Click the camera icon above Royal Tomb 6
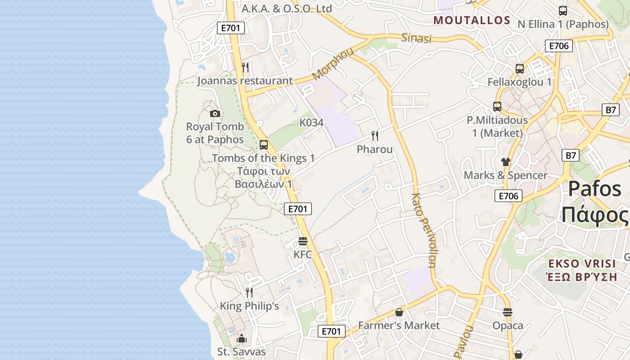[x=215, y=113]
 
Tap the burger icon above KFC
[x=303, y=242]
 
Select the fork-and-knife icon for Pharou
[x=374, y=135]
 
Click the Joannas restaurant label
[x=245, y=81]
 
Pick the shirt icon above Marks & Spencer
[x=506, y=162]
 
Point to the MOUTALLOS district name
[x=472, y=20]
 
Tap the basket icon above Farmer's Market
[x=399, y=312]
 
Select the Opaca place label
[x=508, y=325]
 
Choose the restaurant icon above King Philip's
[x=249, y=292]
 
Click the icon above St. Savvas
[x=242, y=338]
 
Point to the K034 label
[x=311, y=123]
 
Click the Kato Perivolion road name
[x=424, y=230]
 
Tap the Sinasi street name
[x=416, y=38]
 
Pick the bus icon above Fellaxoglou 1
[x=520, y=69]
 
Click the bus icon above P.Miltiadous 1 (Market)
[x=497, y=107]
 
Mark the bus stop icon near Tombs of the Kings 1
[x=264, y=145]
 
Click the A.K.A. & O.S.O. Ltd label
[x=287, y=9]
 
